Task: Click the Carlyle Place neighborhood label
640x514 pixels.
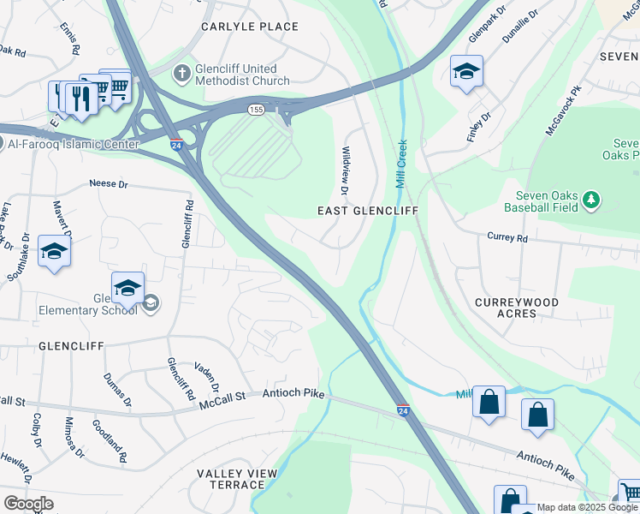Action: (250, 27)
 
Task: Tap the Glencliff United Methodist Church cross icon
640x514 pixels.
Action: (181, 75)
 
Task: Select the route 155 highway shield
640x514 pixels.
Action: (256, 110)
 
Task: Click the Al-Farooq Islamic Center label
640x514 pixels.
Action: (73, 145)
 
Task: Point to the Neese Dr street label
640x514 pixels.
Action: (109, 184)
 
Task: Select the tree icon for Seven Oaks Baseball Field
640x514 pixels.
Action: (590, 200)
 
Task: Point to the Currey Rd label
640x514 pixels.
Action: (504, 237)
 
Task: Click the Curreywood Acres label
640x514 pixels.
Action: (518, 308)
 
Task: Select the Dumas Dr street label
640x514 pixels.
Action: (117, 389)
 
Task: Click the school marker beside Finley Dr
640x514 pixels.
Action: (466, 72)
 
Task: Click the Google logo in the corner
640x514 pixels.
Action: (28, 504)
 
